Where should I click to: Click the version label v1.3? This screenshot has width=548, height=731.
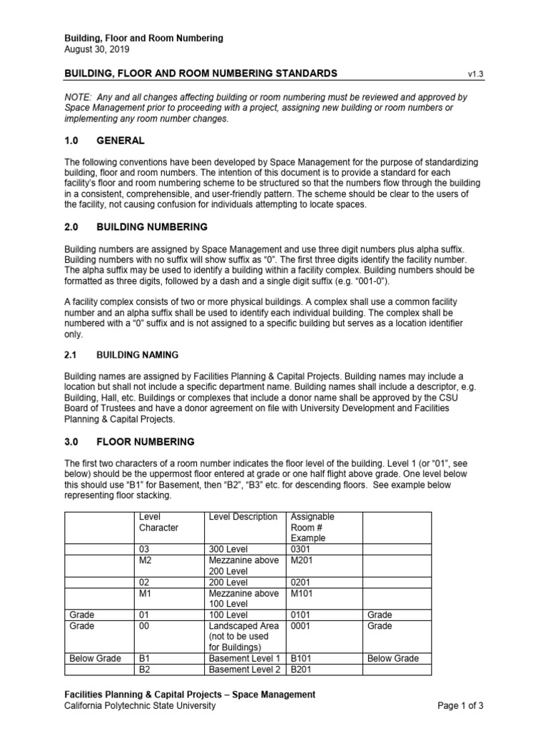pos(475,74)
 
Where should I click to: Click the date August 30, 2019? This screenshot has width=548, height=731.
pos(97,49)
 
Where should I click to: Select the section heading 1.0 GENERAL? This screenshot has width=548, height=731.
pos(105,141)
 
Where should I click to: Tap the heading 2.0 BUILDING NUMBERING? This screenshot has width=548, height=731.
pos(136,227)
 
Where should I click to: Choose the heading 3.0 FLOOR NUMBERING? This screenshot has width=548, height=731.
pos(129,442)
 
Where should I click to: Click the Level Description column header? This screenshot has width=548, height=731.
pos(243,516)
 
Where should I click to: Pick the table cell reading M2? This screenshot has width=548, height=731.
pos(145,560)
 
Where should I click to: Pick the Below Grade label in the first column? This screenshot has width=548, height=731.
pos(95,658)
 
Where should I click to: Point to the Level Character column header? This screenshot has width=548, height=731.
pos(158,522)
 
